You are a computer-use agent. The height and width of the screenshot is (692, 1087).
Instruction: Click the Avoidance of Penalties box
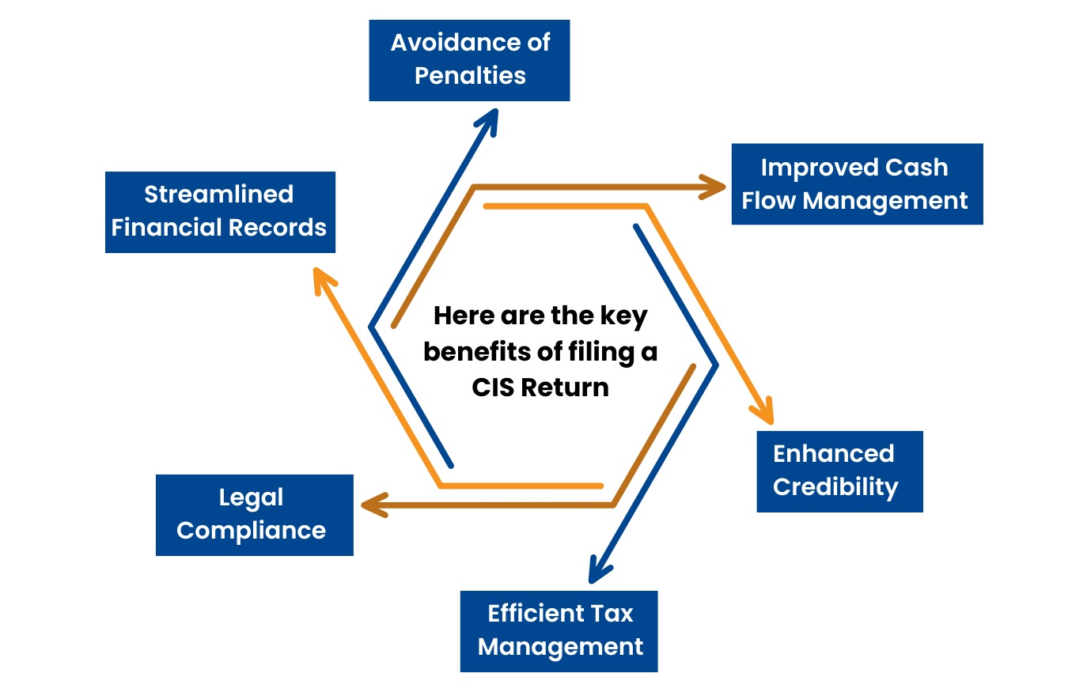click(469, 60)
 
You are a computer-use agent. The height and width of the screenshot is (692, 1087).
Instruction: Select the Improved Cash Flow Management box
click(857, 183)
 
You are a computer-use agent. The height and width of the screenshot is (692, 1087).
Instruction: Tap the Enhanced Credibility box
click(839, 471)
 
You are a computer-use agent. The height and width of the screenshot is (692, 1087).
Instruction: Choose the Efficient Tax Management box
click(559, 631)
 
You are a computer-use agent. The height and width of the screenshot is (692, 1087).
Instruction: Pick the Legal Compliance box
click(254, 515)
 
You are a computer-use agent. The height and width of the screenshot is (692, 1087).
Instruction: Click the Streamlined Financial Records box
click(220, 212)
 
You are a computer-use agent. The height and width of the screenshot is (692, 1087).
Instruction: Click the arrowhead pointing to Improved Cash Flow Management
click(715, 187)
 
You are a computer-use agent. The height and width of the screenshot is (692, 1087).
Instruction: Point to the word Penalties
click(470, 76)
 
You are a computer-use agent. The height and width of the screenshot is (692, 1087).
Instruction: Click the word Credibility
click(835, 487)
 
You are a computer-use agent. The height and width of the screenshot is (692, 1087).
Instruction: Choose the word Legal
click(251, 497)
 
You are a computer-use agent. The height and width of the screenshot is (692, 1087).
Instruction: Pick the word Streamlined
click(218, 195)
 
